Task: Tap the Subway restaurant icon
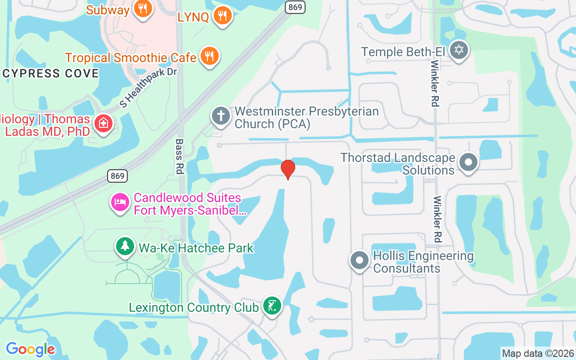point(143,9)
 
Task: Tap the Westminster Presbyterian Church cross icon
point(221,116)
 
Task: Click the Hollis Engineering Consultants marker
point(359,260)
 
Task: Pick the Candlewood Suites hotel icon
point(120,202)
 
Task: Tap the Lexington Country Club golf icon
point(272,306)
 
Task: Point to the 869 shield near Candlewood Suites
point(117,176)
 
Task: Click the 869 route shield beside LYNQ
point(295,7)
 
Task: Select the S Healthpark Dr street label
point(148,87)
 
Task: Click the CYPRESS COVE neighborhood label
point(50,73)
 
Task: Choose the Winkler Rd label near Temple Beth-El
point(435,84)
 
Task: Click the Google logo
point(30,349)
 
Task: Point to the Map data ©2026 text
point(538,353)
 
